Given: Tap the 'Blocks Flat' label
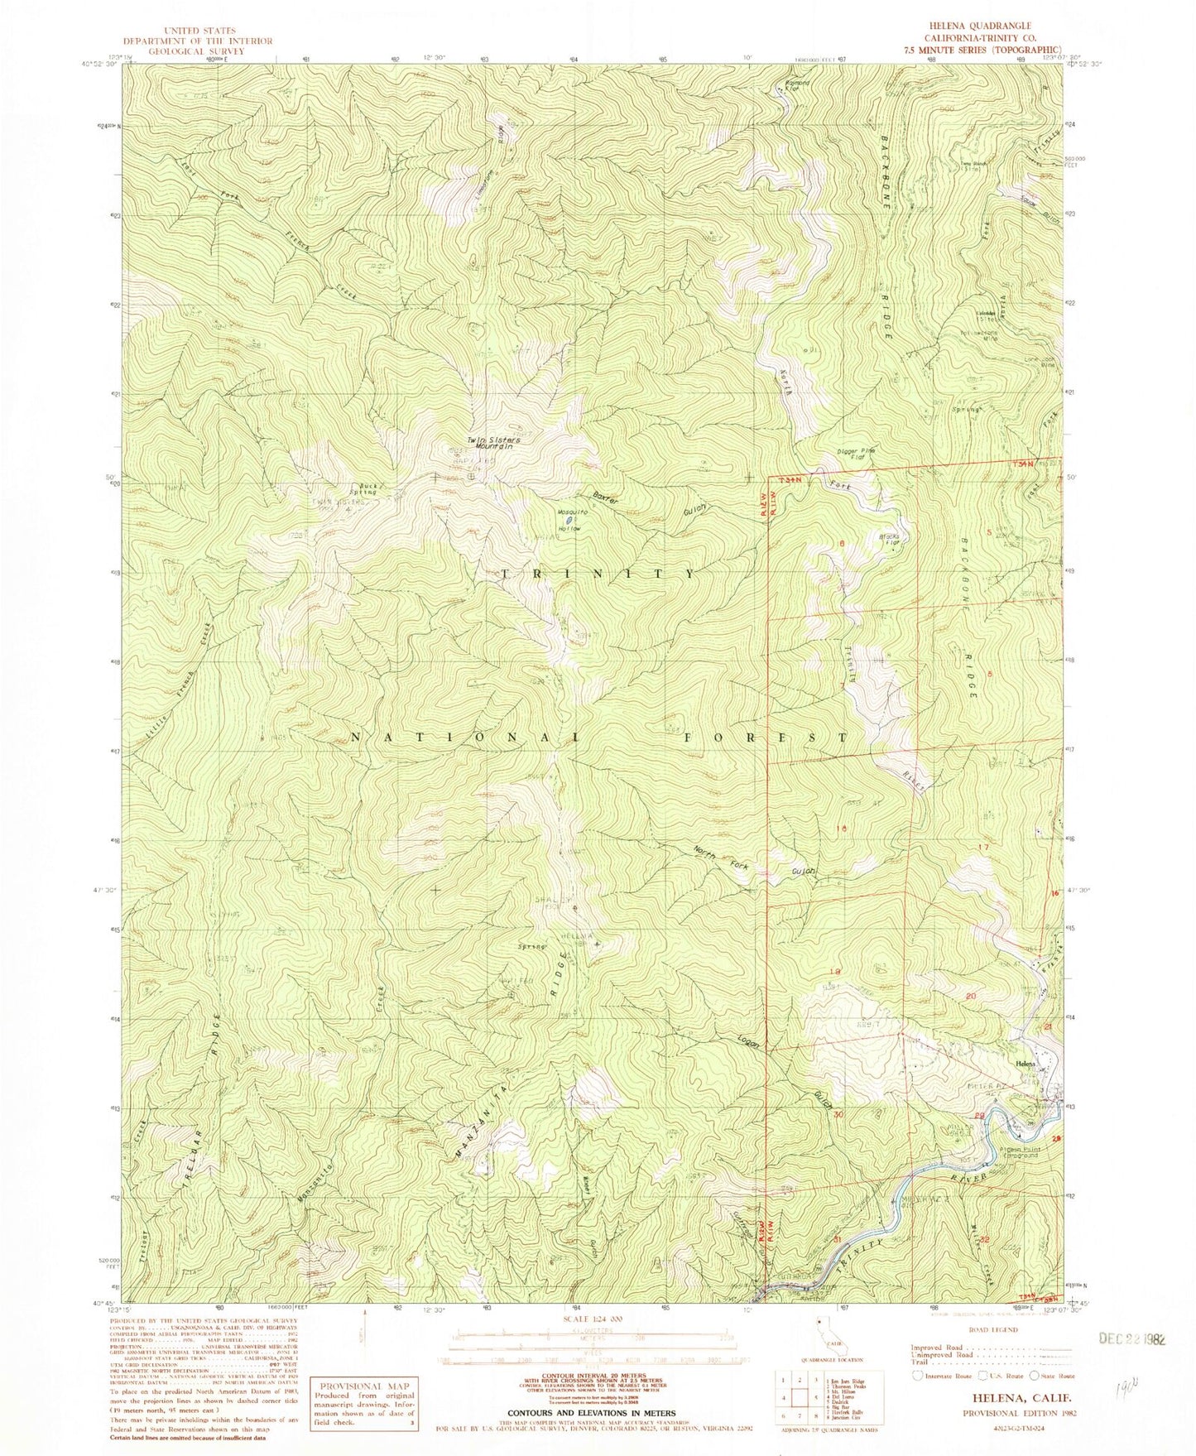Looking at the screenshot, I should (888, 542).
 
